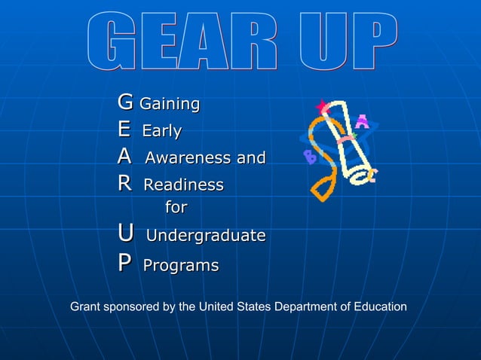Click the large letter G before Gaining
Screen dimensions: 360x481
click(125, 102)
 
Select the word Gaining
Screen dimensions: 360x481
click(170, 103)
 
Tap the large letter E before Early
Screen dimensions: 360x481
click(124, 130)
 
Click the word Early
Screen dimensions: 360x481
click(162, 131)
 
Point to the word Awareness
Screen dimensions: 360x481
click(188, 158)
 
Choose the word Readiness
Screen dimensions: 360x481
click(183, 185)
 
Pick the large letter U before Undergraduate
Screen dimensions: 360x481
click(126, 234)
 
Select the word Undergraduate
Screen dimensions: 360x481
click(205, 236)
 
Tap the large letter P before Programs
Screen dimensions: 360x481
click(124, 264)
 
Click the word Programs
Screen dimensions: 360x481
click(181, 266)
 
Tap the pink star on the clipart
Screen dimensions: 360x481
click(324, 108)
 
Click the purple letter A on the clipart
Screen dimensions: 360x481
click(362, 121)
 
